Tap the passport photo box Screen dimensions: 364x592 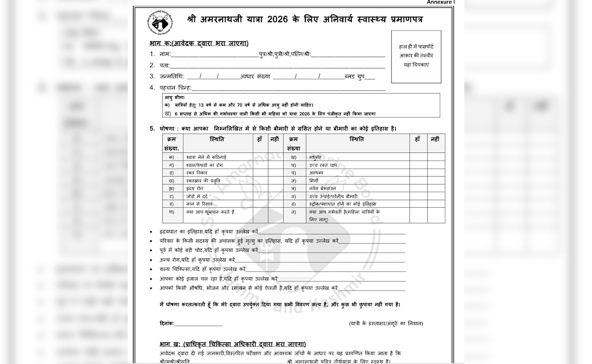(416, 56)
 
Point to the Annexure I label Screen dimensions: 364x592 (440, 2)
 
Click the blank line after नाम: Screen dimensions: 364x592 (214, 55)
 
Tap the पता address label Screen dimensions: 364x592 (164, 66)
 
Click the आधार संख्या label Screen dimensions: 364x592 (256, 76)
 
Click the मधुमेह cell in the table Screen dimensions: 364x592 (316, 157)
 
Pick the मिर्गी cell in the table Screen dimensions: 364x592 (314, 181)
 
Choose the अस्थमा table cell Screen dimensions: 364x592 (316, 173)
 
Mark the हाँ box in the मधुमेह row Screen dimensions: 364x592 (418, 157)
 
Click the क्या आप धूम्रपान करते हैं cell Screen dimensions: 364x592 (210, 212)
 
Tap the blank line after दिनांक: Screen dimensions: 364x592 (198, 324)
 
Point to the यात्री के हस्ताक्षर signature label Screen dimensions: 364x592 (386, 324)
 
